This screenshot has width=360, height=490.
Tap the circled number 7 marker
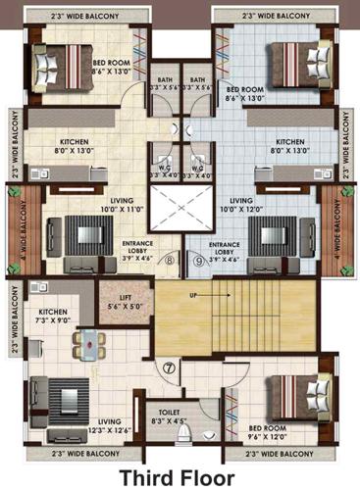169,368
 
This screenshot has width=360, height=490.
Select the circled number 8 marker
169,261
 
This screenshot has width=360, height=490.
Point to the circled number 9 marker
197,261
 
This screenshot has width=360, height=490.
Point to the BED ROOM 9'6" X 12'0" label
267,432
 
